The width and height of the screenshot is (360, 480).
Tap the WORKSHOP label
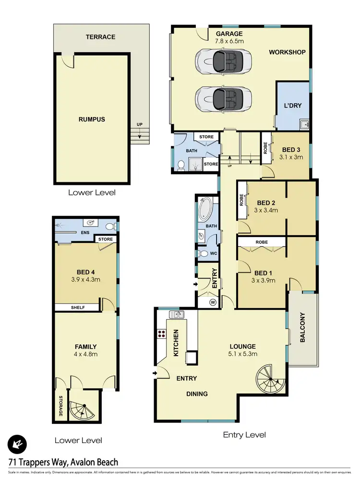(287, 52)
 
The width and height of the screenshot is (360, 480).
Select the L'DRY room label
(292, 105)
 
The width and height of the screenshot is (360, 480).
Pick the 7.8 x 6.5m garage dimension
(230, 41)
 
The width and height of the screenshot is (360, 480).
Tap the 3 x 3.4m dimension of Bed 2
(266, 210)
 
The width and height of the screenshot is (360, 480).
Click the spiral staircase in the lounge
(269, 378)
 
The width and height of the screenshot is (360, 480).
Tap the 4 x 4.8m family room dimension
(86, 354)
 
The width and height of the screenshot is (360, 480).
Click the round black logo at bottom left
(17, 444)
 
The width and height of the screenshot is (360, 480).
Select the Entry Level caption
(244, 435)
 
